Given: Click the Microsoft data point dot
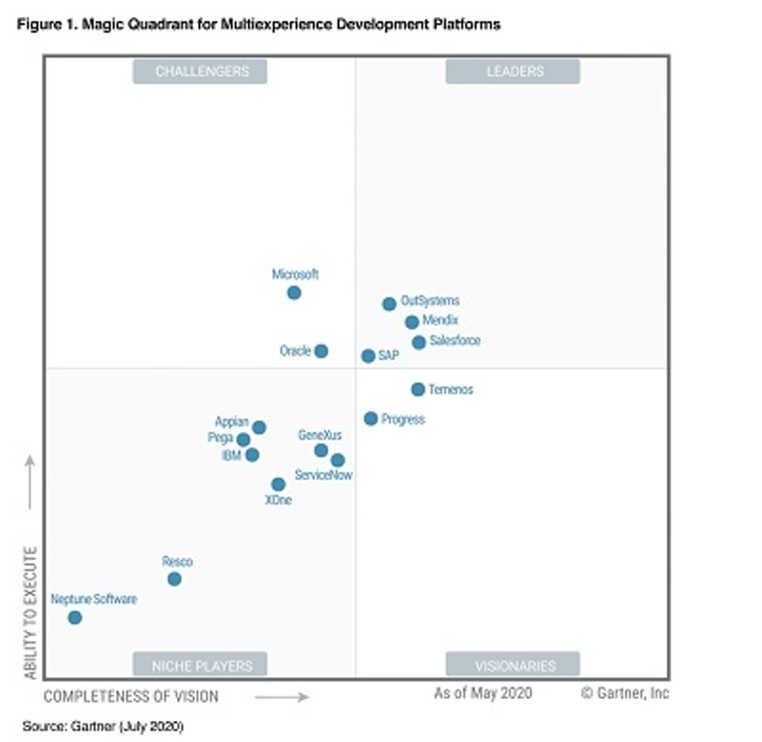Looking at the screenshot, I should pyautogui.click(x=294, y=293).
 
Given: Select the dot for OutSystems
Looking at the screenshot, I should pyautogui.click(x=389, y=304).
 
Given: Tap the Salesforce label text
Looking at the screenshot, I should pyautogui.click(x=455, y=341).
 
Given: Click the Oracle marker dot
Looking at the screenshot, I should pyautogui.click(x=321, y=351).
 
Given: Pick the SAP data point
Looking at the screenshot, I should pyautogui.click(x=368, y=356).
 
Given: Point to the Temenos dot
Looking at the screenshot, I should pyautogui.click(x=418, y=389).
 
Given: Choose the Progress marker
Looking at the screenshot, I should pyautogui.click(x=371, y=419).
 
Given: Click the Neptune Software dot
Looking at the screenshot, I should pyautogui.click(x=75, y=617).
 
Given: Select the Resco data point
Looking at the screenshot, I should pyautogui.click(x=175, y=579).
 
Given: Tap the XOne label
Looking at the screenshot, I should pyautogui.click(x=278, y=500).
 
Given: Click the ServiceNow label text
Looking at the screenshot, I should pyautogui.click(x=323, y=475).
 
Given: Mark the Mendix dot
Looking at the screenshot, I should pyautogui.click(x=412, y=322).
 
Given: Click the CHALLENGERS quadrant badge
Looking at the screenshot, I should pyautogui.click(x=200, y=72).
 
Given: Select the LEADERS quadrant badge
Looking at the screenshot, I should pyautogui.click(x=512, y=72).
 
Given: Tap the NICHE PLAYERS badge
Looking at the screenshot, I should pyautogui.click(x=200, y=665).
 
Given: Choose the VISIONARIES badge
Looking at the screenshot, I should pyautogui.click(x=512, y=665).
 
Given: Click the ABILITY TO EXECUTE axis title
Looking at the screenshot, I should pyautogui.click(x=30, y=613).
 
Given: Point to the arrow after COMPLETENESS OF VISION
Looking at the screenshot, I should pyautogui.click(x=281, y=697).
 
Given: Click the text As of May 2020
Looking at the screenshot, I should pyautogui.click(x=483, y=693).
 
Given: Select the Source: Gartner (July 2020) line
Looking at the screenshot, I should pyautogui.click(x=103, y=726).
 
